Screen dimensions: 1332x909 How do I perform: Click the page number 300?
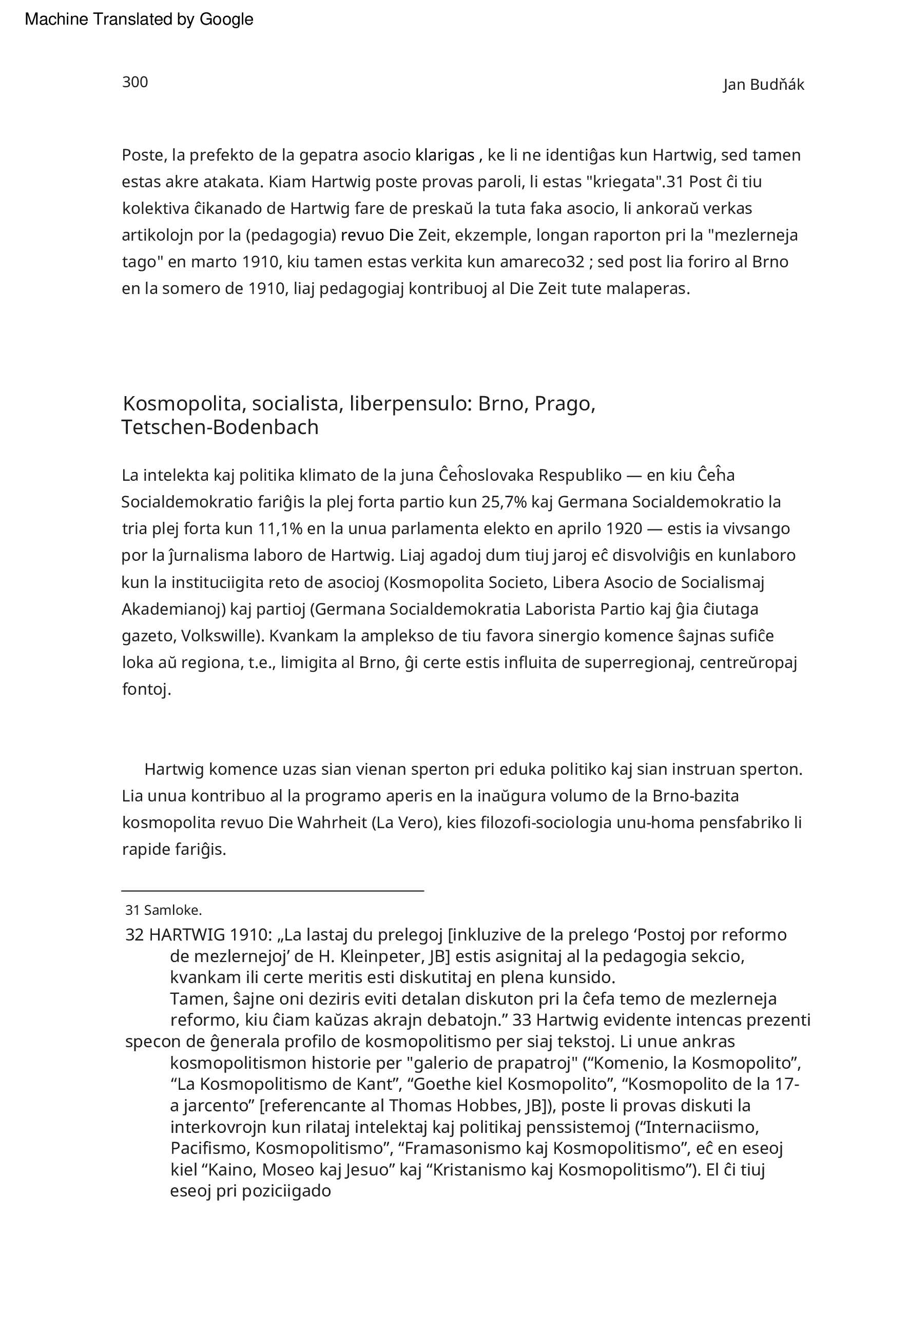[x=135, y=82]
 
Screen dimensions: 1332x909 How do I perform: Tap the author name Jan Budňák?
[x=763, y=85]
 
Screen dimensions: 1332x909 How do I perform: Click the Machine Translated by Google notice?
[x=139, y=19]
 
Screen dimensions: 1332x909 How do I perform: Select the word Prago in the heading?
[x=564, y=404]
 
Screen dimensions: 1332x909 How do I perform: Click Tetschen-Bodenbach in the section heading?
[x=220, y=427]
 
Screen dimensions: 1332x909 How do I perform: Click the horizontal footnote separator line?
[x=273, y=891]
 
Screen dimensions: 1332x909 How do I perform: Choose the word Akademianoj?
[x=173, y=609]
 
